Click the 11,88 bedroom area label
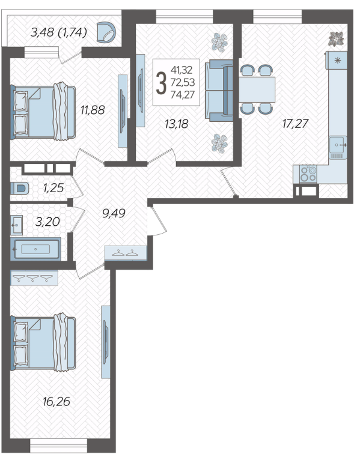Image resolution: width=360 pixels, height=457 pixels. click(x=93, y=110)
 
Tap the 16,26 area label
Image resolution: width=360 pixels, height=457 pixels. click(x=56, y=402)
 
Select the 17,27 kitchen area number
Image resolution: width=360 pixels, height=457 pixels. click(x=295, y=124)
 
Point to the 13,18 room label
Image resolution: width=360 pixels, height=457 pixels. click(x=177, y=124)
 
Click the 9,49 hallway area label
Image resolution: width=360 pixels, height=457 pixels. click(x=114, y=213)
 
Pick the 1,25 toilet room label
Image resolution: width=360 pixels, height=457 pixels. click(x=53, y=188)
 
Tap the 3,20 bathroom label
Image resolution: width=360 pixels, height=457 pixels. click(x=47, y=222)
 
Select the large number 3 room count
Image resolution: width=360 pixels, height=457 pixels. click(x=161, y=83)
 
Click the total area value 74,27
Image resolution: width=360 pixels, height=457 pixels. click(x=183, y=95)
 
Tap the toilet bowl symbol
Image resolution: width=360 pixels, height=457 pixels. click(x=20, y=189)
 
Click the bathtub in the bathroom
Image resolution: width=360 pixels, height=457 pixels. click(x=35, y=249)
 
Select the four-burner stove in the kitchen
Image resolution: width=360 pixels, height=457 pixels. click(x=308, y=174)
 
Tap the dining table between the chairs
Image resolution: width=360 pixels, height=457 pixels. click(x=257, y=89)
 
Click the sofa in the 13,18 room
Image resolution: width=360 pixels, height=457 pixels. click(x=219, y=90)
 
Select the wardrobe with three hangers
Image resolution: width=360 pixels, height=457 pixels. click(x=34, y=278)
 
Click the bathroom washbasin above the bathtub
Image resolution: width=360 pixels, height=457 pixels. click(x=16, y=225)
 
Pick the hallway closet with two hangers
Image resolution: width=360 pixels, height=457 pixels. click(x=126, y=252)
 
